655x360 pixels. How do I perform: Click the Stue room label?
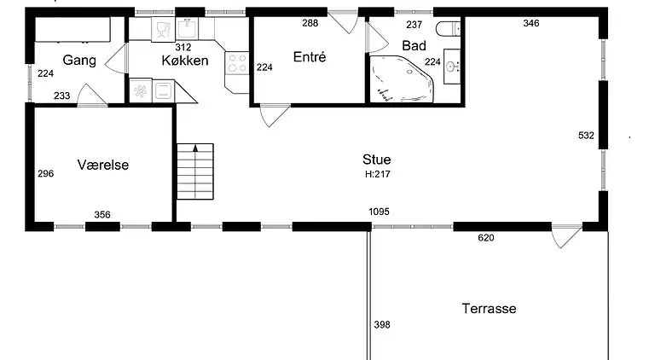377,160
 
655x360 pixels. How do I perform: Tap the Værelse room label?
102,165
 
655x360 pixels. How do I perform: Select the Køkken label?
184,61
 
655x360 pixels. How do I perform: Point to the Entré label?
309,57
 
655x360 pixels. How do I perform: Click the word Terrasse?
490,309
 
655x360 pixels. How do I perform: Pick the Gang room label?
79,60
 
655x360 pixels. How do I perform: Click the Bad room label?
414,45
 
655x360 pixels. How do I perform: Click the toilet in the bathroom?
448,29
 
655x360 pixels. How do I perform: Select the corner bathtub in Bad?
402,79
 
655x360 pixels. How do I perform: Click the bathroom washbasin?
452,67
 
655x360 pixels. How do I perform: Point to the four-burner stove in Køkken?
237,63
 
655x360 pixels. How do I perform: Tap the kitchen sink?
187,29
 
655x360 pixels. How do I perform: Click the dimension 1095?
379,212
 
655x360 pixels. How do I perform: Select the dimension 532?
586,136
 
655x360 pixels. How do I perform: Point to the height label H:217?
378,174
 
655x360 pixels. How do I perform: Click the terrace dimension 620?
486,238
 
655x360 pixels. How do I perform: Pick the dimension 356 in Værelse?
102,215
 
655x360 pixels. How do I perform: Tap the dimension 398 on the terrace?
382,324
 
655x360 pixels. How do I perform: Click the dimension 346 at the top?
531,23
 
